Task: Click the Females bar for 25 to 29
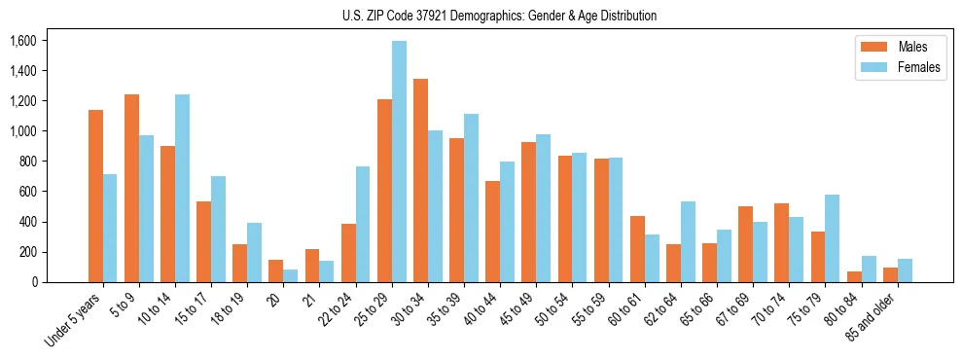coord(399,162)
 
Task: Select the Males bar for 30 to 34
coord(420,180)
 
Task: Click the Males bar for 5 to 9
coord(131,188)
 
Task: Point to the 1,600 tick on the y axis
coord(21,41)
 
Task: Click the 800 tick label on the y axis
coord(26,162)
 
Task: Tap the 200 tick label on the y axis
coord(26,252)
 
